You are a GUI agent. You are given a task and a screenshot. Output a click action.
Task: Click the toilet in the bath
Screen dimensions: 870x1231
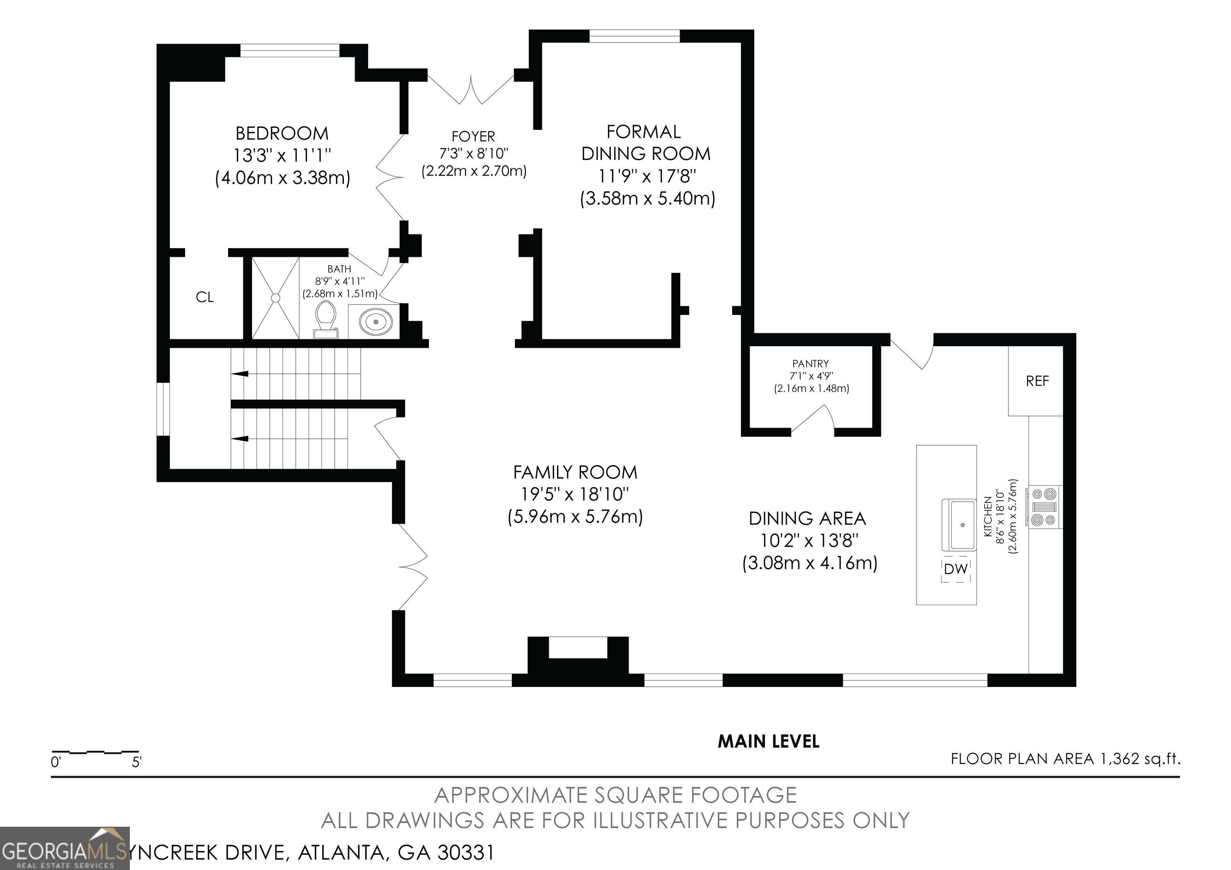325,319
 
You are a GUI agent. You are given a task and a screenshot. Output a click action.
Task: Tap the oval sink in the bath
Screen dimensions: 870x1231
376,322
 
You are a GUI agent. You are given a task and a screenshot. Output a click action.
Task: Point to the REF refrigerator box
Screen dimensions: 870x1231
1037,381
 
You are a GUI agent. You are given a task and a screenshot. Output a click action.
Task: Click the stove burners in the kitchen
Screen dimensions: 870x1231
1044,507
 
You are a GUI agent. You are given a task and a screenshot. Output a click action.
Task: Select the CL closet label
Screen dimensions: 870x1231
205,297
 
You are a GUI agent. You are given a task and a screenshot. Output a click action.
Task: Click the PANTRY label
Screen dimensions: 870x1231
810,364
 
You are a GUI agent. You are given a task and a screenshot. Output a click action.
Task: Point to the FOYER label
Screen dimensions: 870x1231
473,137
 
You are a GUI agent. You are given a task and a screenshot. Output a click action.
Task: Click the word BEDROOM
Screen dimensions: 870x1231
282,133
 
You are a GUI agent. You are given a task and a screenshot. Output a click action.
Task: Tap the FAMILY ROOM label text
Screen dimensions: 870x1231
575,472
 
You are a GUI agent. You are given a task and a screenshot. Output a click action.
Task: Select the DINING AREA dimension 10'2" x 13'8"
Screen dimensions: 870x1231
809,540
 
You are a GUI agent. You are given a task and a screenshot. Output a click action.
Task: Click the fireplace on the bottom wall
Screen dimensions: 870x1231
578,661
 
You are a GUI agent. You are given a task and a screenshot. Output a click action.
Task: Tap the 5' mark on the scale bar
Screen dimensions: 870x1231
137,762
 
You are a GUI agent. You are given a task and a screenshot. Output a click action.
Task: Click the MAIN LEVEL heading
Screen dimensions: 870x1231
768,741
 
